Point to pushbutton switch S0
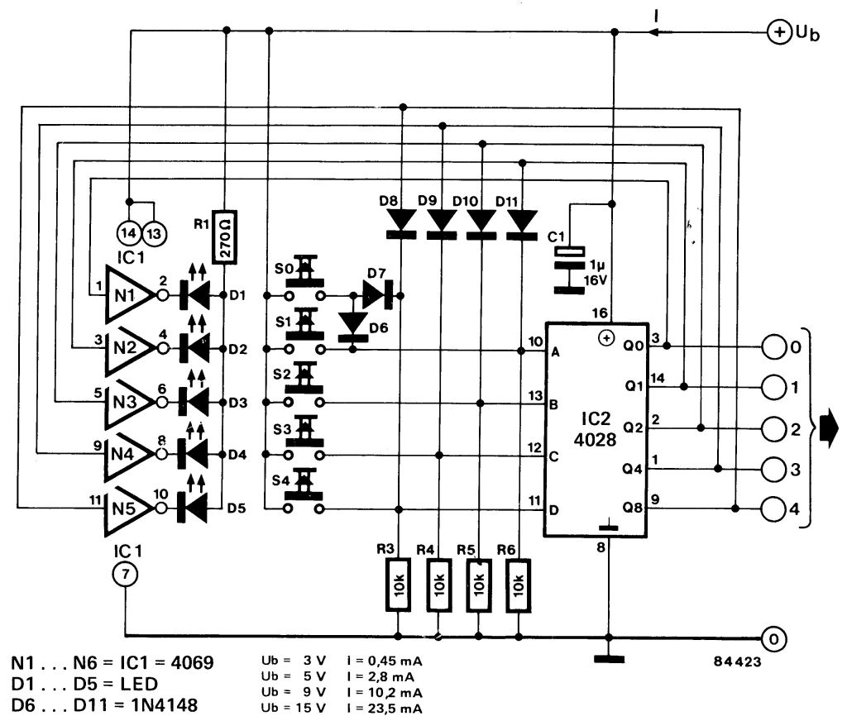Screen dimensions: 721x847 (x=305, y=278)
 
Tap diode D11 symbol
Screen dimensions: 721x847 (x=521, y=222)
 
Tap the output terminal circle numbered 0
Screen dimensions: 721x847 (x=771, y=348)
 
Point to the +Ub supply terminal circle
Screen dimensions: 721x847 (x=778, y=32)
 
